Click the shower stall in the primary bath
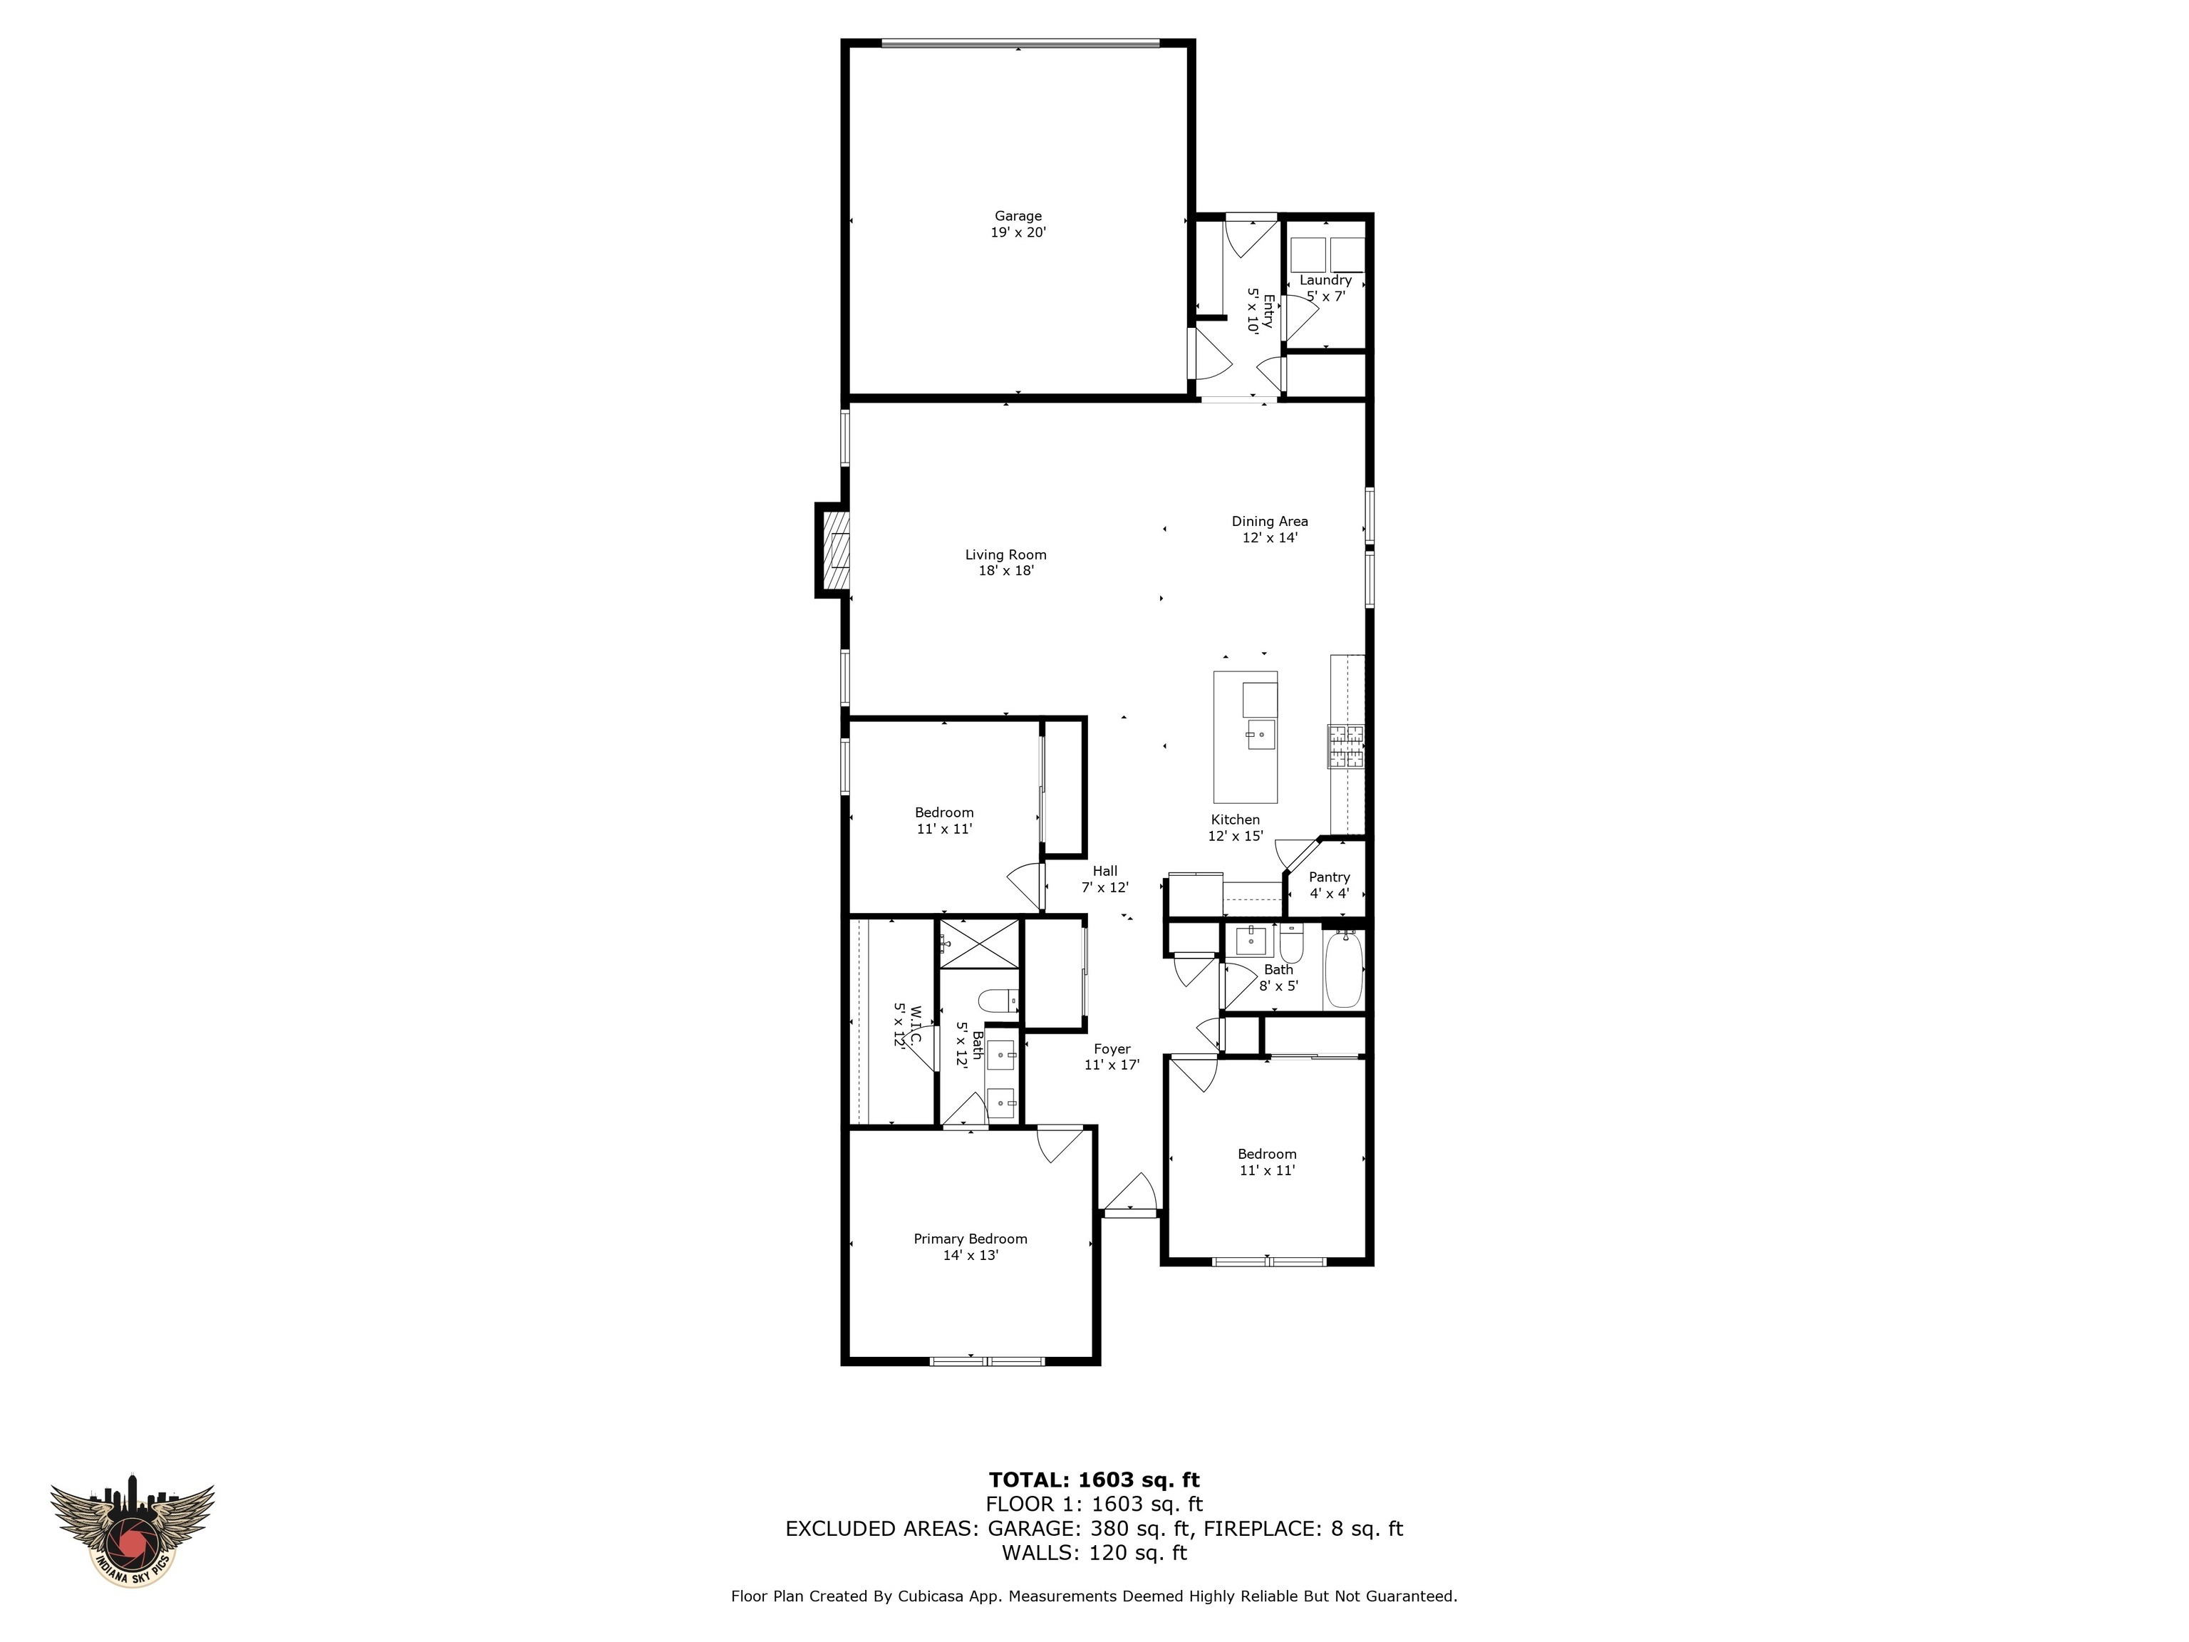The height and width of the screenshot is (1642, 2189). click(x=979, y=942)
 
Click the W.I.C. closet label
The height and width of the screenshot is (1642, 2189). click(x=908, y=1026)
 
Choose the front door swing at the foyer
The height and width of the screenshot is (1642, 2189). click(x=1130, y=1192)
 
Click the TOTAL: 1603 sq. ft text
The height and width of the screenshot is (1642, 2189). click(x=1094, y=1479)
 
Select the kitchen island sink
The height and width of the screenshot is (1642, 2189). click(x=1261, y=735)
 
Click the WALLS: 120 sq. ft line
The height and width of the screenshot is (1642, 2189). click(x=1094, y=1552)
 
